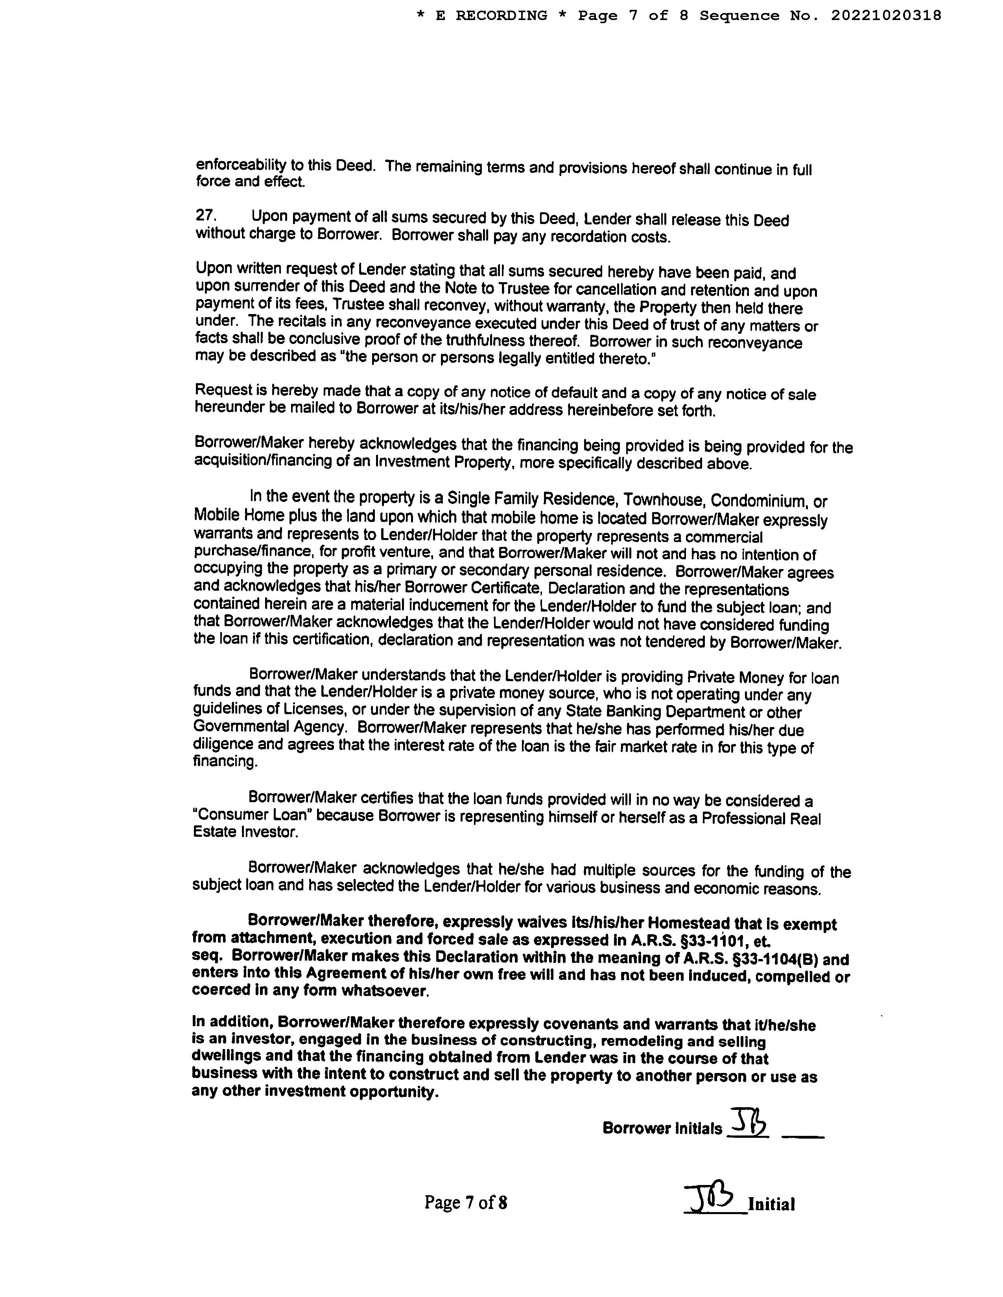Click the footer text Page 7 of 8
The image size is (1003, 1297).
pos(465,1203)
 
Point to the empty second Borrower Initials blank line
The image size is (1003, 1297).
pos(803,1135)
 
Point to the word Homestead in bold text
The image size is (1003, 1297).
pos(688,924)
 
